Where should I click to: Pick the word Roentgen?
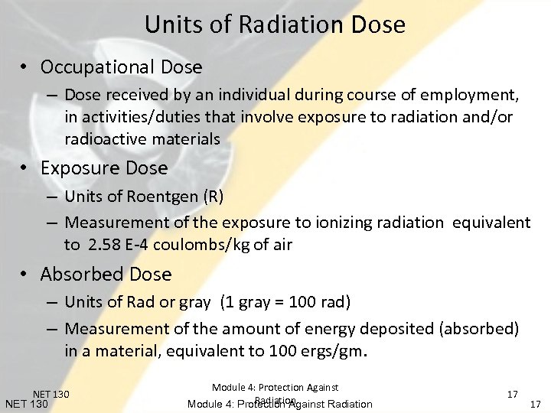point(161,197)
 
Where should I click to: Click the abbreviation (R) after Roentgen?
point(214,197)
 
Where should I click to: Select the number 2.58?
point(103,245)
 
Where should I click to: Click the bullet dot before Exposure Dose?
point(25,167)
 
